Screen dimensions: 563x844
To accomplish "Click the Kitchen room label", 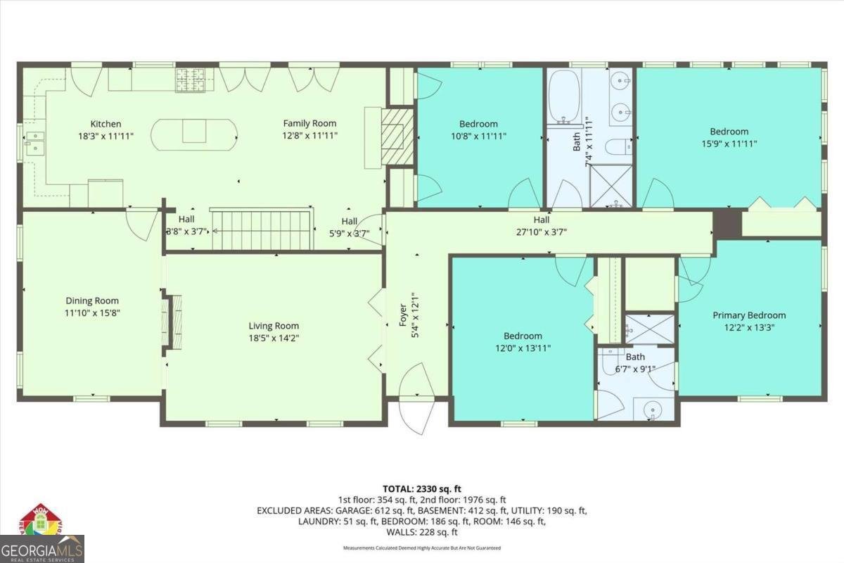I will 105,124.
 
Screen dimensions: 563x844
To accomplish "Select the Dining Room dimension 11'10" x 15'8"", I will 92,312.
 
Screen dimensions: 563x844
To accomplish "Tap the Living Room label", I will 274,326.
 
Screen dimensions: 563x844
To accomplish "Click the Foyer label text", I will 404,312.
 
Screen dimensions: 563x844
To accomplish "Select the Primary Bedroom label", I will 749,315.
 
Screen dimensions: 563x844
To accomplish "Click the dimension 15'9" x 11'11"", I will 729,144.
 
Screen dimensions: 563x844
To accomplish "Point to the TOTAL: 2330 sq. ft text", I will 421,488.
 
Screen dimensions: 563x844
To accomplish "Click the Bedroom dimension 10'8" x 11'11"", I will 478,137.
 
